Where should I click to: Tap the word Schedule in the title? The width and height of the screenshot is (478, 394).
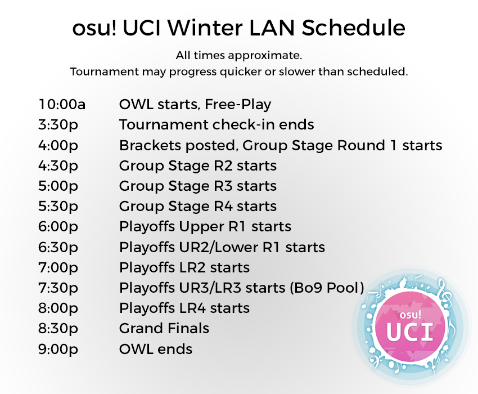(353, 28)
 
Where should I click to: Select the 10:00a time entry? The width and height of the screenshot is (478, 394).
(62, 104)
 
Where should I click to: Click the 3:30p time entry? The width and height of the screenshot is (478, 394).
(58, 125)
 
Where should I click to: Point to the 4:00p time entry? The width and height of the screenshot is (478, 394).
(58, 146)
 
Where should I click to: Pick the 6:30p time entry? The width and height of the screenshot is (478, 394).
(58, 248)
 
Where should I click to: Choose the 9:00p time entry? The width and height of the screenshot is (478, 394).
(58, 350)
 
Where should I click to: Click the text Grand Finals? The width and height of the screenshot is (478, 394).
(164, 328)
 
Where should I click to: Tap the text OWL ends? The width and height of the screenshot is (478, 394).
(156, 349)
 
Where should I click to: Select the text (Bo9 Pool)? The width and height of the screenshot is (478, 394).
(327, 288)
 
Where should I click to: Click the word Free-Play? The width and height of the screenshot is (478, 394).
(238, 105)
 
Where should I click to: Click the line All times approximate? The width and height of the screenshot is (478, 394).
(239, 56)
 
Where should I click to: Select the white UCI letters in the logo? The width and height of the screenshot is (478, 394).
(410, 332)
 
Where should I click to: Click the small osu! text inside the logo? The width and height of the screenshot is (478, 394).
(411, 315)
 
